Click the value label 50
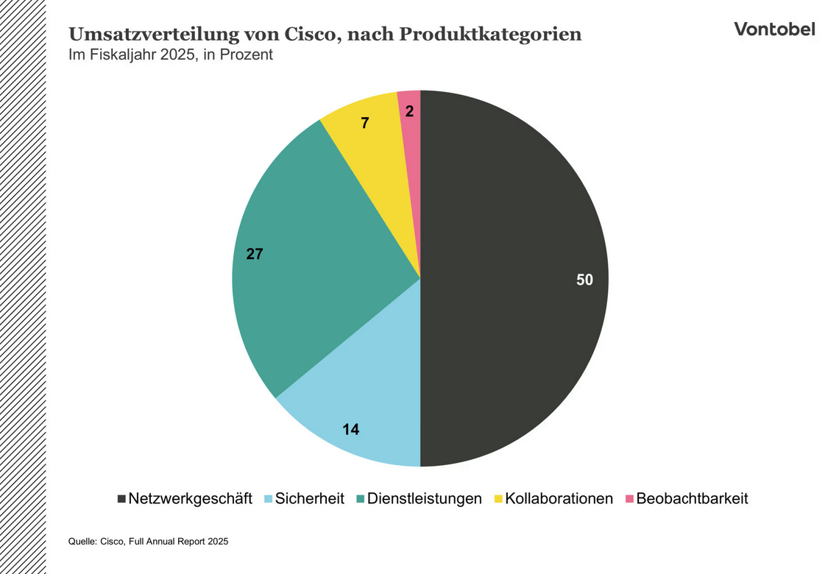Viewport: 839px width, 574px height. point(584,280)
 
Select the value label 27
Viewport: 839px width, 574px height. point(254,255)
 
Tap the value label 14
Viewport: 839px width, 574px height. point(351,429)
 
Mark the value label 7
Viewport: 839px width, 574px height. point(364,123)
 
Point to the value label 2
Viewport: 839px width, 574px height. point(409,112)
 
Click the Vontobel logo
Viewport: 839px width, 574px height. point(774,29)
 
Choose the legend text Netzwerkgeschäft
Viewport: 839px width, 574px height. point(190,498)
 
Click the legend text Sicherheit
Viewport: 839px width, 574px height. point(310,498)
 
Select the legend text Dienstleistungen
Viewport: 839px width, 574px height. point(425,498)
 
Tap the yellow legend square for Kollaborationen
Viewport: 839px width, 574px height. point(498,499)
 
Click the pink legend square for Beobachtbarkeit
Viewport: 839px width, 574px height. point(629,499)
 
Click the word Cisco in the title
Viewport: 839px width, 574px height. point(310,35)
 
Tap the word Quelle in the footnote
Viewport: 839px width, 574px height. point(82,542)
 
